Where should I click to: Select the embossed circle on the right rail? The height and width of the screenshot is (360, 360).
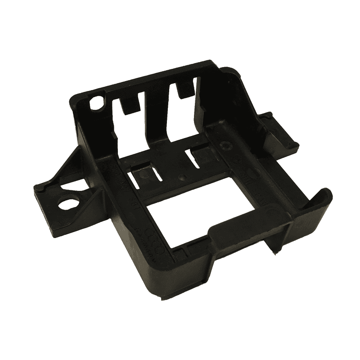(225, 146)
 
